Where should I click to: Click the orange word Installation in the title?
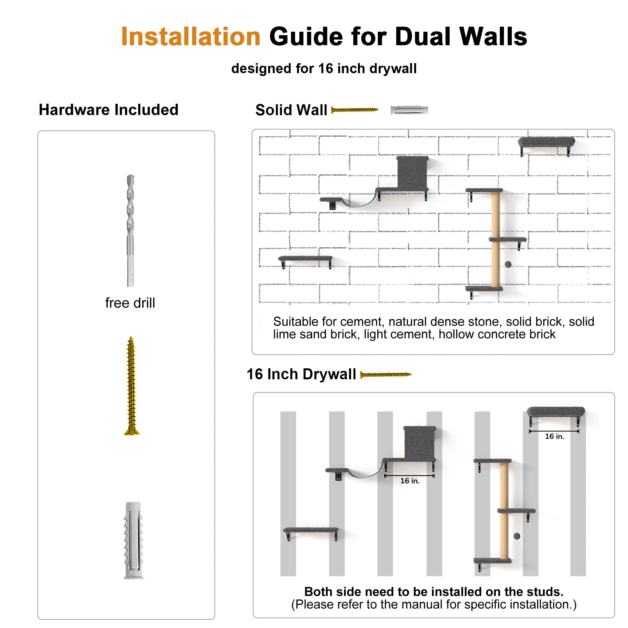(x=191, y=36)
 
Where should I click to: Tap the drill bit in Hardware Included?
(x=130, y=230)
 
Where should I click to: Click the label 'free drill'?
(x=130, y=303)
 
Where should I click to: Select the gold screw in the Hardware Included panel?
(x=131, y=386)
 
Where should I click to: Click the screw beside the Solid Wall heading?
(x=355, y=110)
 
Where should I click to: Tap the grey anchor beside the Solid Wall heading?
(x=409, y=110)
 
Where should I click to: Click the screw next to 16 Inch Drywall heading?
(x=386, y=375)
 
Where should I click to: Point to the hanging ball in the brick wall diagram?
(x=508, y=265)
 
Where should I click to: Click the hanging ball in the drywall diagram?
(x=517, y=536)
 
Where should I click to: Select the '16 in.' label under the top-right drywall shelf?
(x=555, y=436)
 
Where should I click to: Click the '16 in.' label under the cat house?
(x=410, y=481)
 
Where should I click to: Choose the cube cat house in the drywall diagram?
(x=419, y=443)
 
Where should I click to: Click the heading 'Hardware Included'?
(x=109, y=110)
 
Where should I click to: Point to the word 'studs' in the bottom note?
(x=546, y=592)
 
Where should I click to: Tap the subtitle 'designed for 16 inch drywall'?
(x=324, y=68)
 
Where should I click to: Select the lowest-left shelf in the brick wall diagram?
(x=305, y=261)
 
